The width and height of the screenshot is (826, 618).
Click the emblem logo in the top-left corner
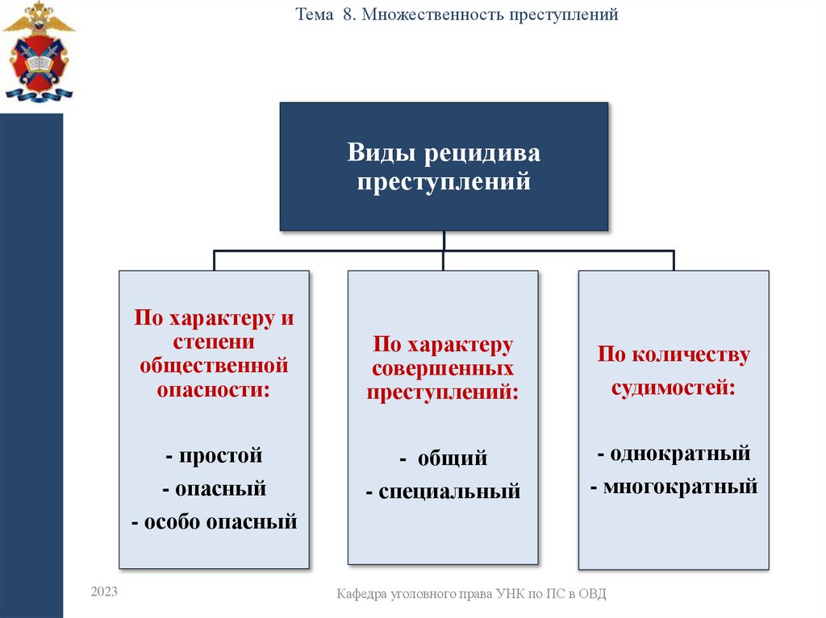[x=38, y=52]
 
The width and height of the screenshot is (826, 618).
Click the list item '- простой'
[x=214, y=455]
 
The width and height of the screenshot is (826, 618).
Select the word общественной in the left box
[x=214, y=365]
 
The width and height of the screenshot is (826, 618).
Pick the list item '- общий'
[x=443, y=459]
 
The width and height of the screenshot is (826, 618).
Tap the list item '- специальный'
[x=443, y=491]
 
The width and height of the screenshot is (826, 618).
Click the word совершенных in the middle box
[x=443, y=369]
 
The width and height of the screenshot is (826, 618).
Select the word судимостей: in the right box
[x=674, y=388]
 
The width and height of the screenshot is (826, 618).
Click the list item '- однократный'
[x=674, y=453]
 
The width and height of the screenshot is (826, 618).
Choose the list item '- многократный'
[x=674, y=487]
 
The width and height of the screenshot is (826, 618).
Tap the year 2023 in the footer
[x=105, y=591]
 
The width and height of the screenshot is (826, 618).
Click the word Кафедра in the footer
[x=362, y=594]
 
